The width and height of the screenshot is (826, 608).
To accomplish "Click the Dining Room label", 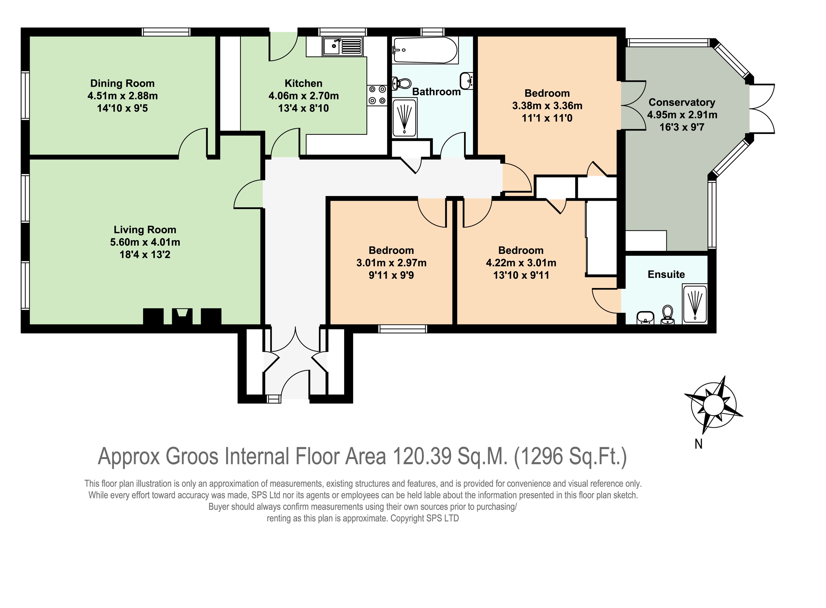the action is click(x=122, y=83).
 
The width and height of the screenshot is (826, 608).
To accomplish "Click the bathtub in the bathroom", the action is click(x=425, y=50).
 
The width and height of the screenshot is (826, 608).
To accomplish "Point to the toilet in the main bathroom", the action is click(x=401, y=83).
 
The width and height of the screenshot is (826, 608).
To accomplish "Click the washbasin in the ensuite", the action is click(x=645, y=317).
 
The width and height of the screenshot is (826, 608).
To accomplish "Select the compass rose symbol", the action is click(x=713, y=405).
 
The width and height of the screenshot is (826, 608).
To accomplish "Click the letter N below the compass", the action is click(x=698, y=444).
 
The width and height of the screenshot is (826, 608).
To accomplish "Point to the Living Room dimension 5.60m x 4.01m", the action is click(x=145, y=242).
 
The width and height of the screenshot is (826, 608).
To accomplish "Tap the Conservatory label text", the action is click(x=682, y=102).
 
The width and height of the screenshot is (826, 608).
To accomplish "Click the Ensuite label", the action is click(x=666, y=275).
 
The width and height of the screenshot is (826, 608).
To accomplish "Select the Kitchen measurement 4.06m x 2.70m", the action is click(x=303, y=96).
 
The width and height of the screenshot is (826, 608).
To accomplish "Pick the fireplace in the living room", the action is click(x=182, y=316).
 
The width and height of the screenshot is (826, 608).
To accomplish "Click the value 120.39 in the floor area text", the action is click(x=422, y=456).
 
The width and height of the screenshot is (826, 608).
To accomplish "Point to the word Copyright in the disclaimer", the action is click(x=407, y=519).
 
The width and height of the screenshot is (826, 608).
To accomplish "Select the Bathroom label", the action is click(x=436, y=92).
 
